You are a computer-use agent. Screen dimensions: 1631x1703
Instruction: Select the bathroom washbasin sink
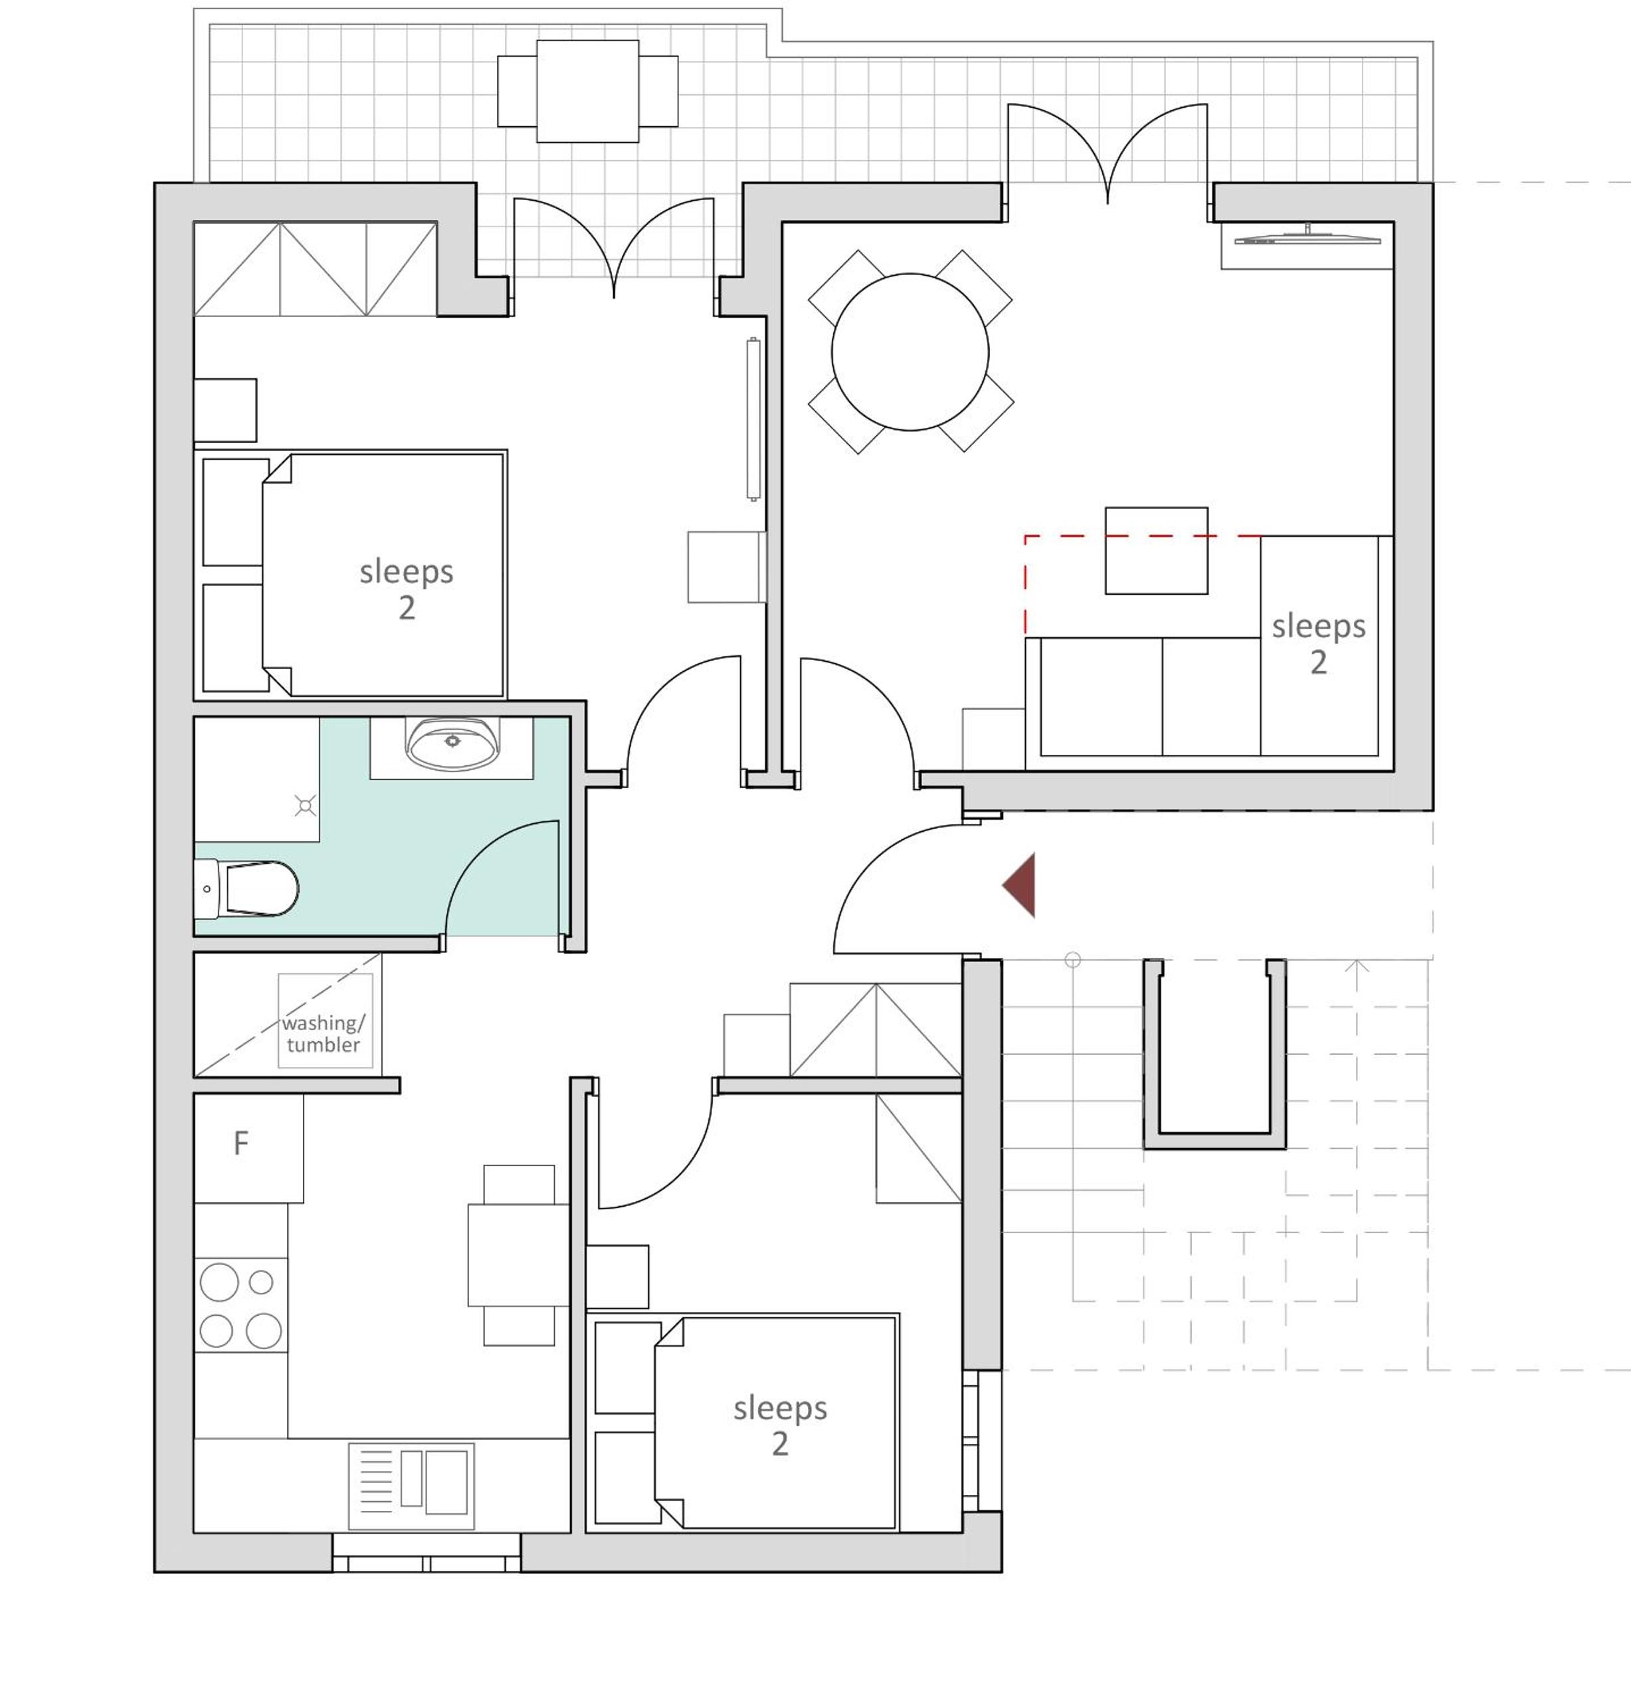(x=452, y=744)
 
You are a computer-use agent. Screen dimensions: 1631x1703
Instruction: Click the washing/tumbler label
(x=324, y=1033)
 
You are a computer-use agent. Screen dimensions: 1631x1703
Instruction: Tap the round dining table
(x=910, y=352)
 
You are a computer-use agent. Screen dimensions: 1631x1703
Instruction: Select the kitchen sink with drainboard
(x=411, y=1486)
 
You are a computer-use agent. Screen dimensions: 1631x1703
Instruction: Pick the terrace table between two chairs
(x=587, y=91)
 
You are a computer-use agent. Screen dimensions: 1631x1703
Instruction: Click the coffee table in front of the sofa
(x=1156, y=551)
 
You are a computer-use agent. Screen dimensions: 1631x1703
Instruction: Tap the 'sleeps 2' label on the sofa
(x=1318, y=644)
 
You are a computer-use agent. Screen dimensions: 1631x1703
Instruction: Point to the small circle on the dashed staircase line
(x=1072, y=960)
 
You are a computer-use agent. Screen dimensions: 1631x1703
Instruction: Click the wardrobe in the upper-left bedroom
(x=314, y=269)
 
